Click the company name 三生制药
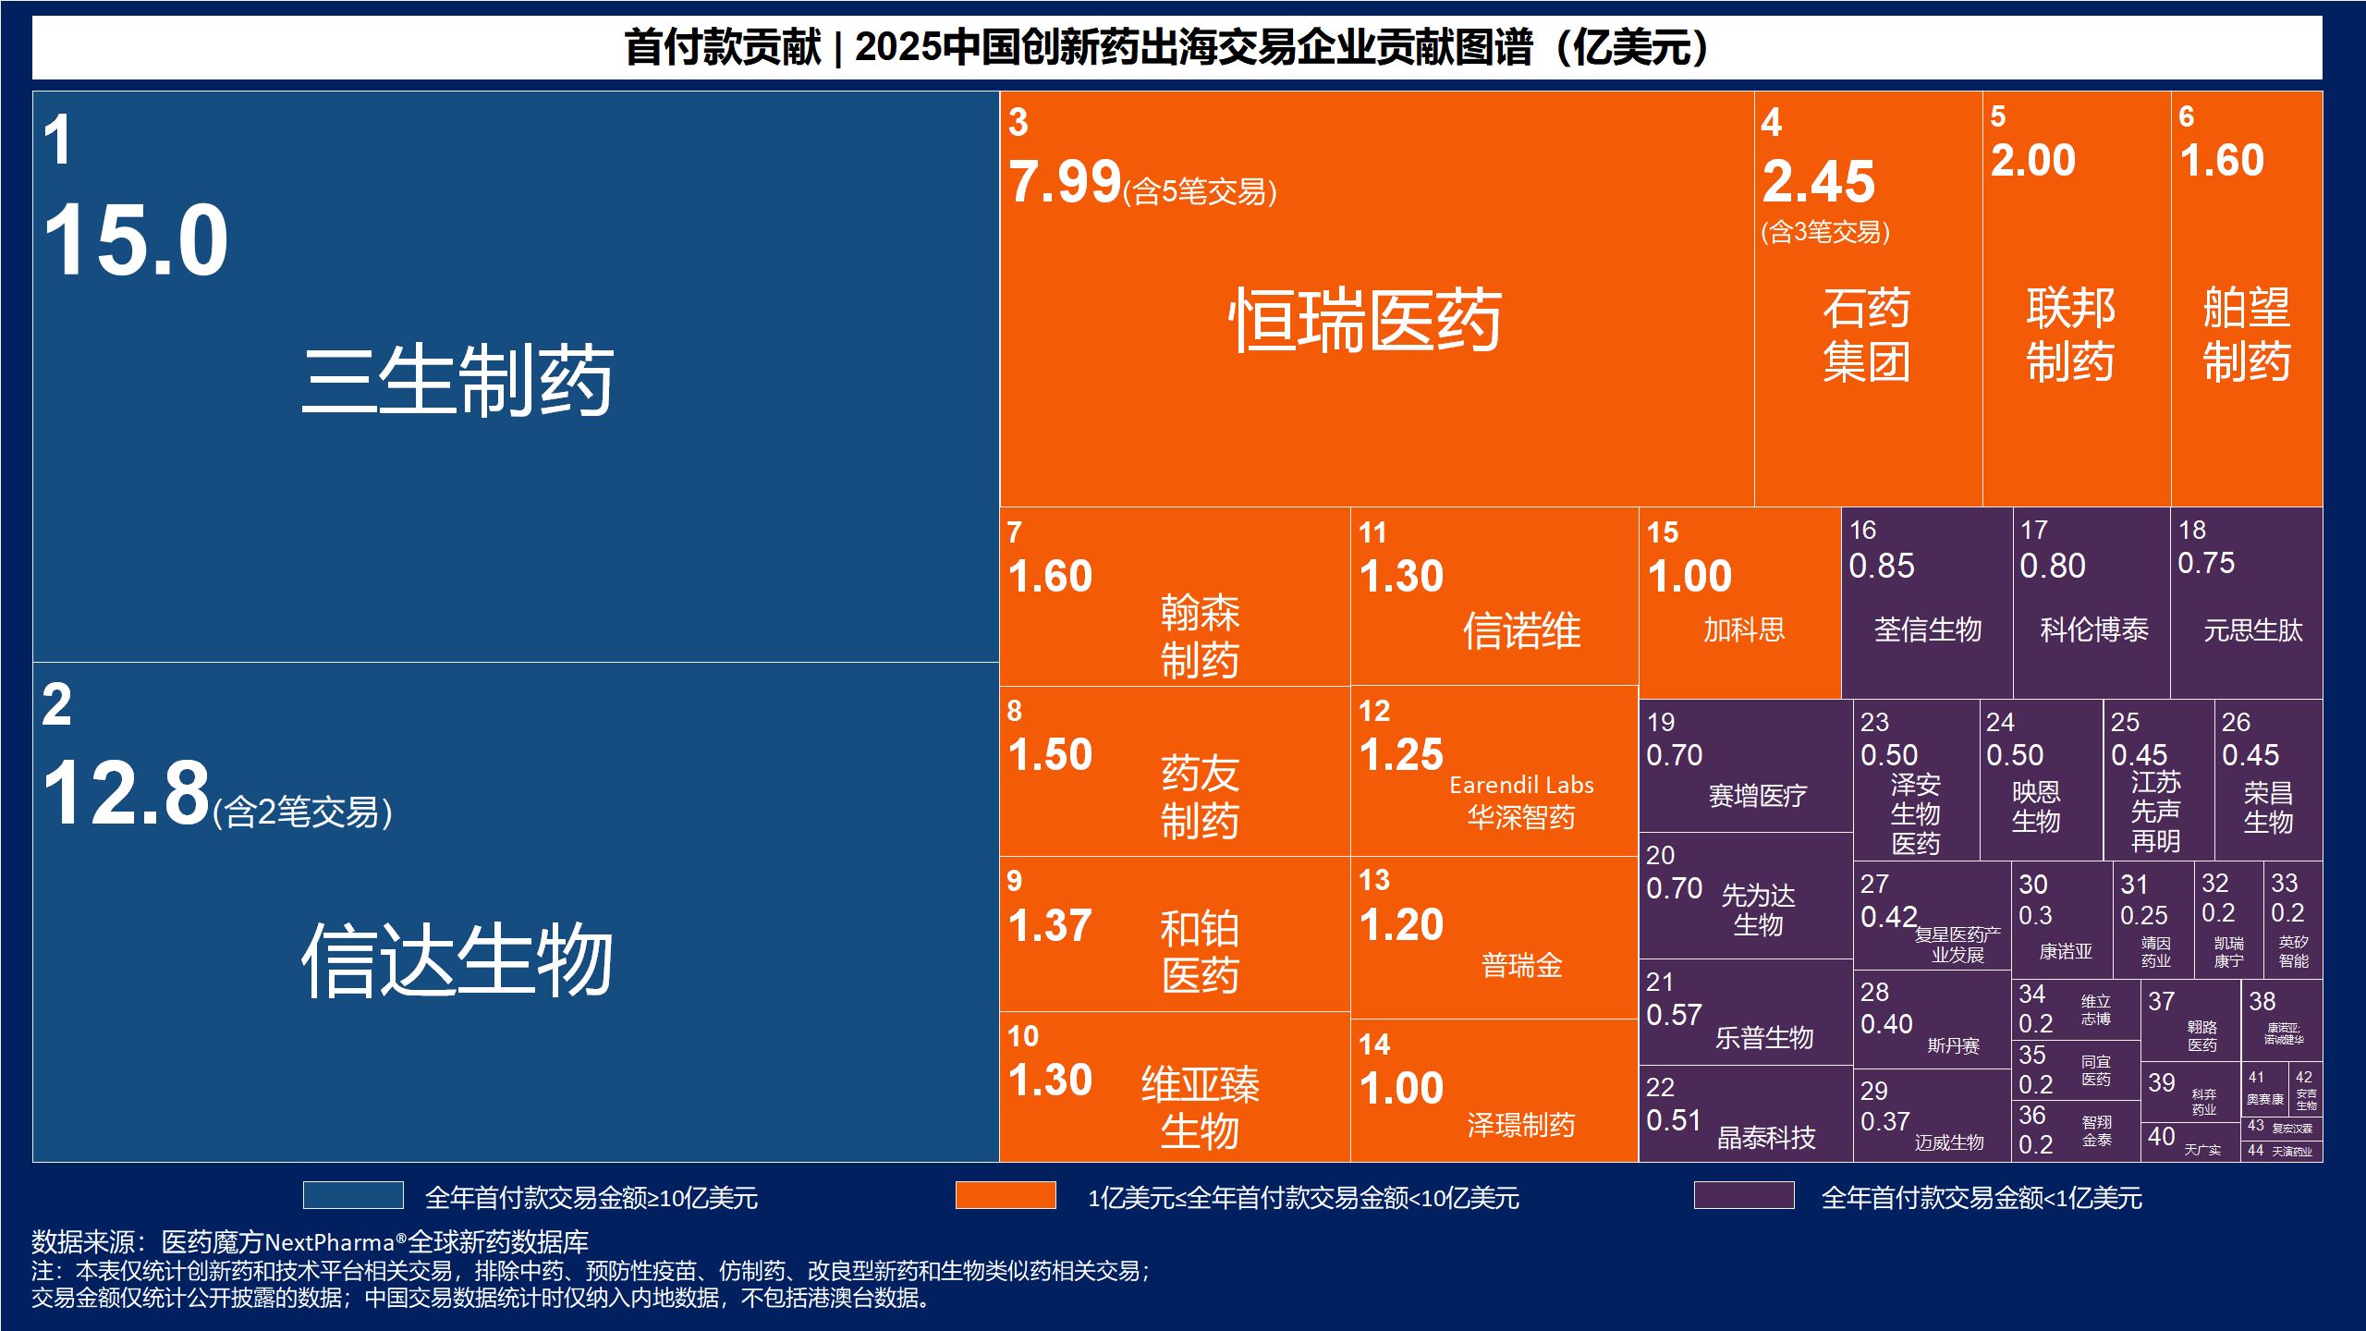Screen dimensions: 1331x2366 (x=457, y=380)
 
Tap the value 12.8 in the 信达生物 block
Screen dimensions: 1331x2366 (x=127, y=792)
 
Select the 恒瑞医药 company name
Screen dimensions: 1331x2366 (x=1365, y=320)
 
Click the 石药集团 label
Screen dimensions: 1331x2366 (x=1866, y=334)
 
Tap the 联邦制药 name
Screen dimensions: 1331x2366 (x=2070, y=334)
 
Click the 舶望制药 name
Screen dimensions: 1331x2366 (x=2247, y=334)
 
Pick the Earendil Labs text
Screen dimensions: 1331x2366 (x=1521, y=785)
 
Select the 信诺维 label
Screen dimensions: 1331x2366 (x=1521, y=631)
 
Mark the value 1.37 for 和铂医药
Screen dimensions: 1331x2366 (x=1050, y=925)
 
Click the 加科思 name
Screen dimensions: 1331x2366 (x=1744, y=630)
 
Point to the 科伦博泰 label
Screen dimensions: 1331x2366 (x=2094, y=630)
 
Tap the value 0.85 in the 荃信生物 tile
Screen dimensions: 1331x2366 (x=1881, y=566)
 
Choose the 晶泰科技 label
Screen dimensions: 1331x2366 (x=1766, y=1138)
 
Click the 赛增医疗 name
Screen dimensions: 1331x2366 (x=1757, y=796)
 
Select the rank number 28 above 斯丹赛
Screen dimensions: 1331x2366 (x=1874, y=992)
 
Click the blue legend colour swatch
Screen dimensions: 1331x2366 (x=353, y=1195)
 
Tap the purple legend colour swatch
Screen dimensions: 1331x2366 (x=1743, y=1195)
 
